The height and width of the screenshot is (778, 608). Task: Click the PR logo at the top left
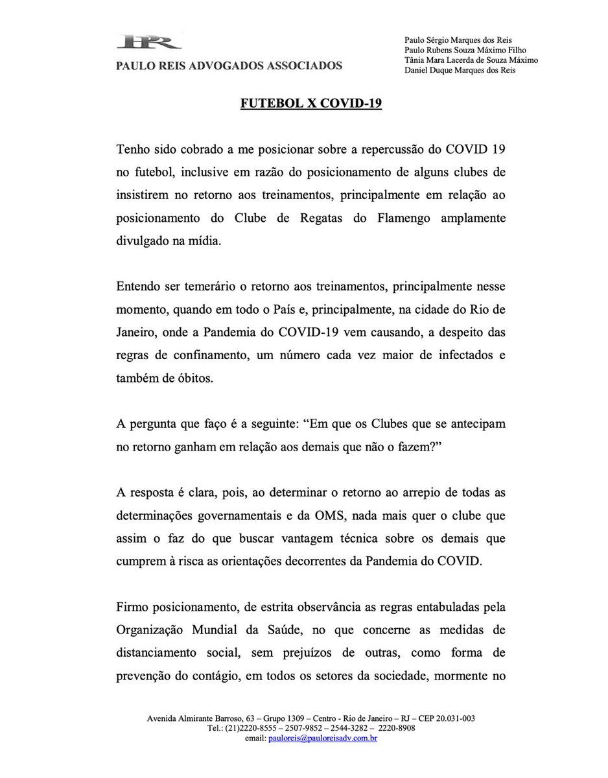[x=150, y=43]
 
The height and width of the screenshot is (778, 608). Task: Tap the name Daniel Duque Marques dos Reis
[x=460, y=71]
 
